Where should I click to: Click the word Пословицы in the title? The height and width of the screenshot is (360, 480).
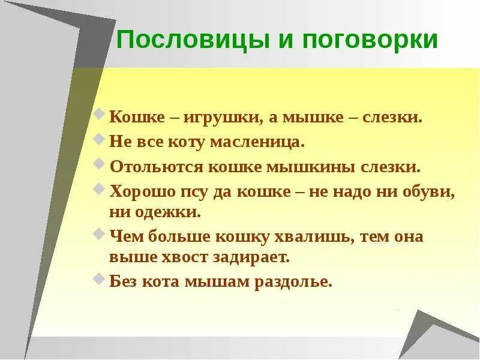193,40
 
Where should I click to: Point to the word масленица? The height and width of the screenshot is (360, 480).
257,142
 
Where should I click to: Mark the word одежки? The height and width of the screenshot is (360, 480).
168,212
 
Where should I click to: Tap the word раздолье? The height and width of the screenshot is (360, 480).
293,281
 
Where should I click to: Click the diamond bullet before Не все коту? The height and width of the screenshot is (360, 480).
98,140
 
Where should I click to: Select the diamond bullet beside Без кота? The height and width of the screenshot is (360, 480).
98,279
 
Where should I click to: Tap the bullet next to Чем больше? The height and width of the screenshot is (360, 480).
98,234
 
